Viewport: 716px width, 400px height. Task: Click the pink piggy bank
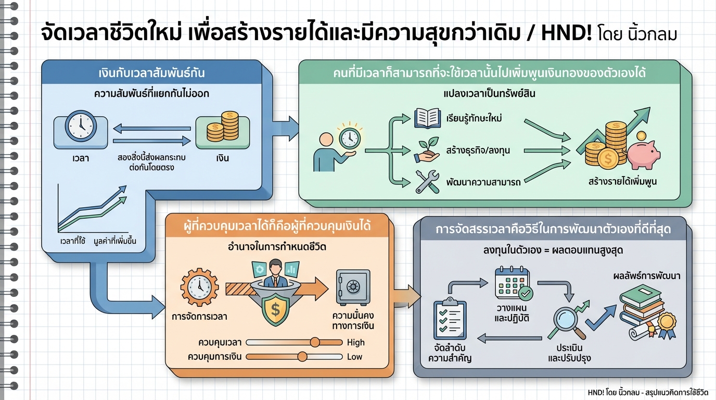[643, 154]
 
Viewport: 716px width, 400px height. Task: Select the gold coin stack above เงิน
[222, 127]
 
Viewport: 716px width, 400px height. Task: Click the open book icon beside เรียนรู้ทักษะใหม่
[427, 119]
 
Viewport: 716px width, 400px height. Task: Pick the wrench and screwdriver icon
[427, 182]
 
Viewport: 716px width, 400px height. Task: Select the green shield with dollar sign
[275, 310]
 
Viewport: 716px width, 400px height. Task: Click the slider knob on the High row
[314, 342]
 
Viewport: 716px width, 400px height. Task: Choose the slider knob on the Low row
[302, 357]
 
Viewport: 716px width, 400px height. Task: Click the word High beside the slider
[355, 342]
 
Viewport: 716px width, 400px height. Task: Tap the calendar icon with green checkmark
[513, 284]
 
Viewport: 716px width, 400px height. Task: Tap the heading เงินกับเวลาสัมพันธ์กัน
[151, 73]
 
